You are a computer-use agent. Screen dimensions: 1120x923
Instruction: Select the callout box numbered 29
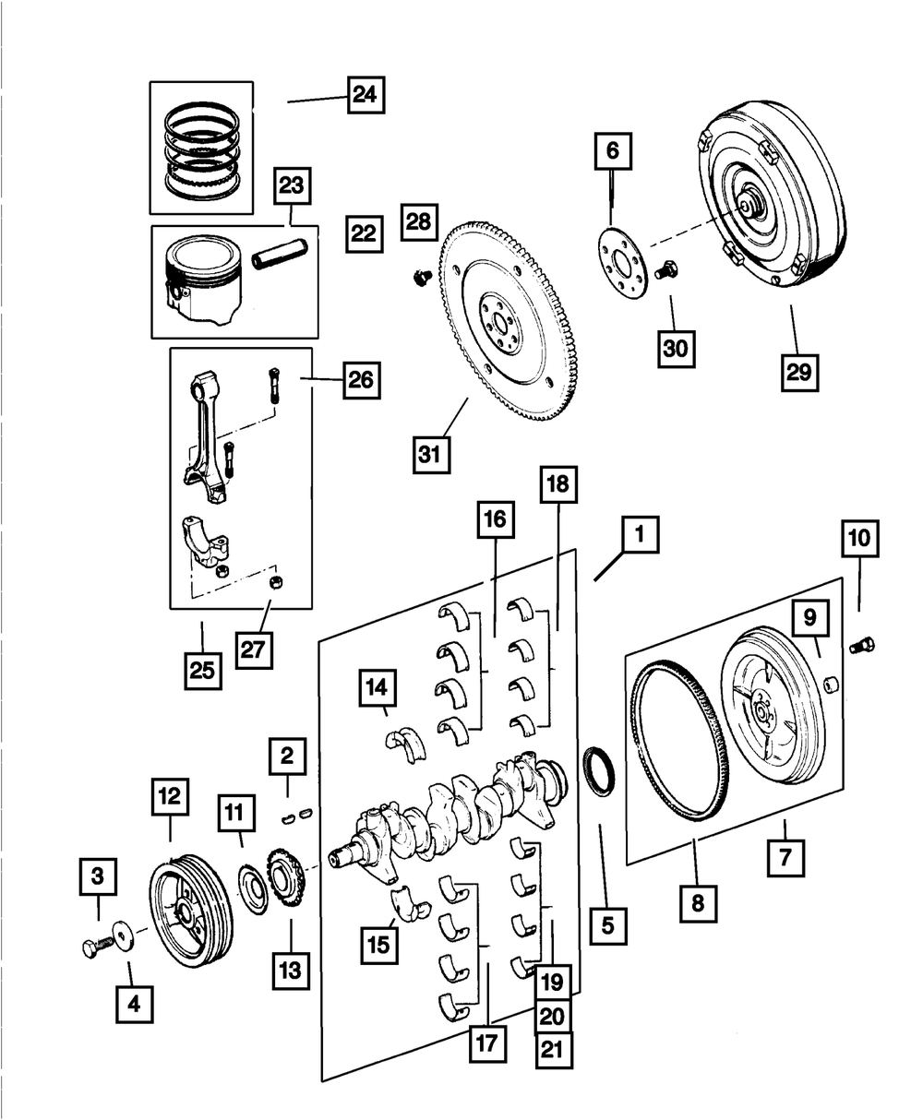pos(799,371)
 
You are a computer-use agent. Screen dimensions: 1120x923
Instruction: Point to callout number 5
pos(606,925)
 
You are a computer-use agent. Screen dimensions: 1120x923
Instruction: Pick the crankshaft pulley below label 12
pos(191,912)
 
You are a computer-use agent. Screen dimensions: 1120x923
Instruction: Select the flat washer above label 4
pos(122,933)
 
